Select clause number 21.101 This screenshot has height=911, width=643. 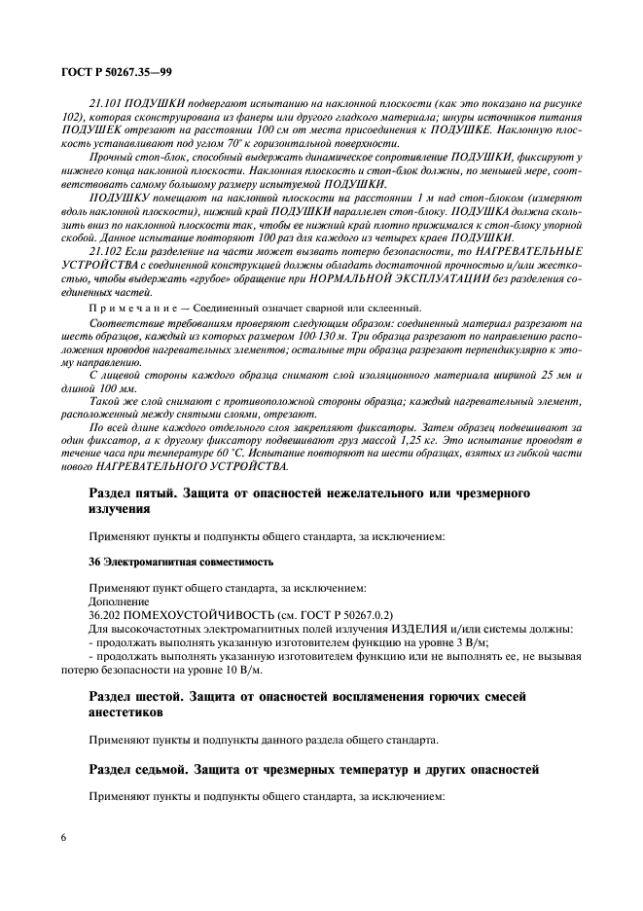click(x=104, y=102)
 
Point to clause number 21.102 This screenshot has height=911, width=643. click(x=104, y=250)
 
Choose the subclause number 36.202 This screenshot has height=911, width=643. click(x=107, y=614)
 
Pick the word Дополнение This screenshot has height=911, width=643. click(x=120, y=601)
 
